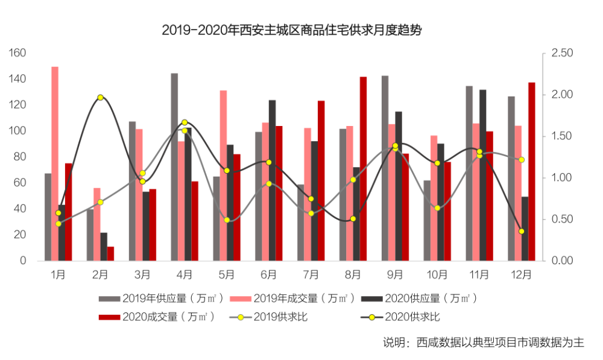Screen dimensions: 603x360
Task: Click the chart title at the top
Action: (291, 30)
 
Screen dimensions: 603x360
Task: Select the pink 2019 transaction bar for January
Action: (55, 164)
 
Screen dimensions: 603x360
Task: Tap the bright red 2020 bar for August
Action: (363, 169)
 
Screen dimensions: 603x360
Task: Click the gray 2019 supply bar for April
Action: (174, 167)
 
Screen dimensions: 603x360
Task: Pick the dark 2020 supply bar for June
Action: (273, 180)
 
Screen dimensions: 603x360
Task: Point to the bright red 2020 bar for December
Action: (531, 171)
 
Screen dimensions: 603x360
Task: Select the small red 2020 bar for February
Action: (110, 254)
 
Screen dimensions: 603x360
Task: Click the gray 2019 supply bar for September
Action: (385, 168)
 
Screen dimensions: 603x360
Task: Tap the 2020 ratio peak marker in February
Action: (100, 97)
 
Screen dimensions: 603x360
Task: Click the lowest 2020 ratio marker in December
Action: (522, 231)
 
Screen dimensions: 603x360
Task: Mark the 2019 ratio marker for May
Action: (227, 220)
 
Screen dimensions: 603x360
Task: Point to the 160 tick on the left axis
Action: (17, 52)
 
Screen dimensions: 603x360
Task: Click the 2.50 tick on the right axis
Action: (562, 52)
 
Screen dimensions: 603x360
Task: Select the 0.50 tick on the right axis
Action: (562, 219)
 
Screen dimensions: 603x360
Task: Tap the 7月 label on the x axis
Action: (311, 274)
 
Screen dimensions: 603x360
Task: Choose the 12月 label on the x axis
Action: (521, 274)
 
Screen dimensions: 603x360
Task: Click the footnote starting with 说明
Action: (484, 343)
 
